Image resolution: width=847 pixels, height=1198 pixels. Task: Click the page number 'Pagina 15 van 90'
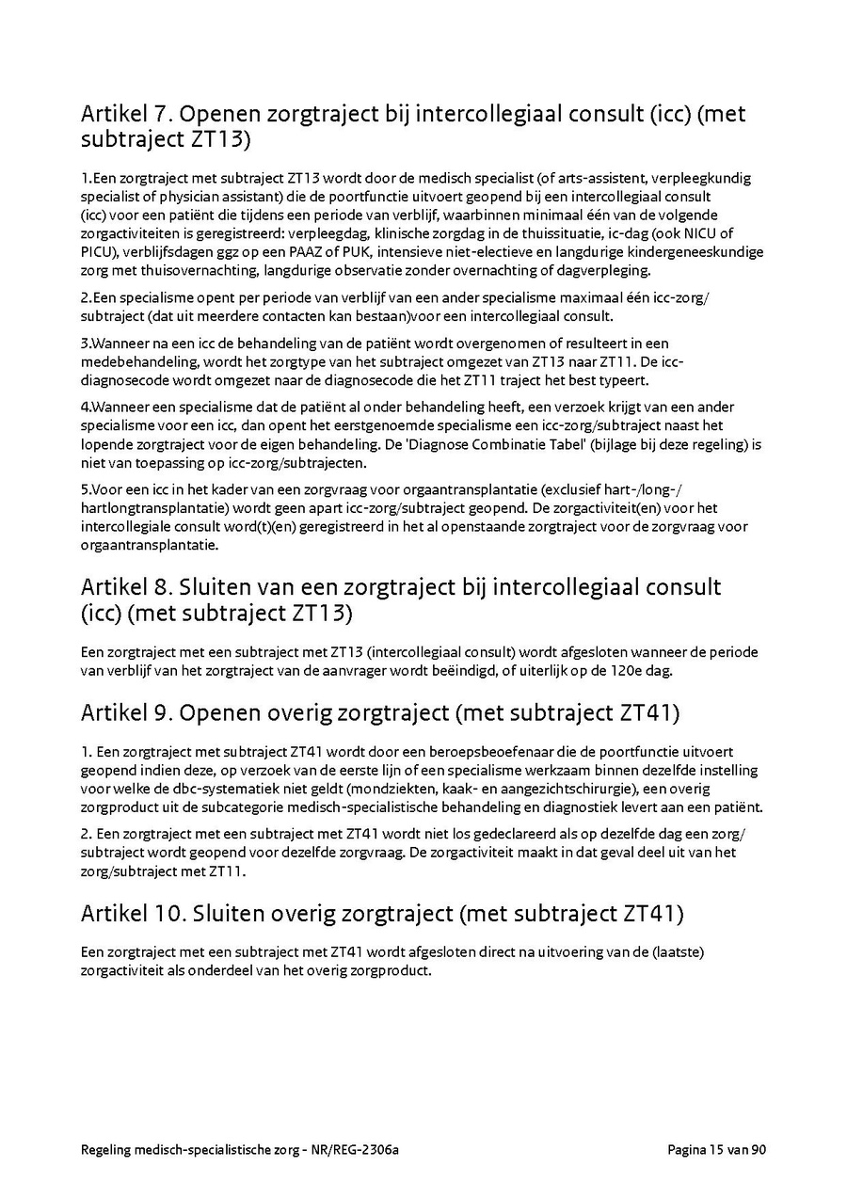click(x=717, y=1150)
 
